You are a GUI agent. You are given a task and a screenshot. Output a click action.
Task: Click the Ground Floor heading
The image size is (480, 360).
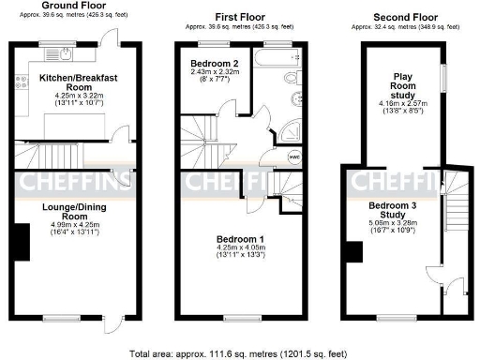point(74,6)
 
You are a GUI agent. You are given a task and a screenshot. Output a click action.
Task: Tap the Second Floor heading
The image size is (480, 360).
point(404,17)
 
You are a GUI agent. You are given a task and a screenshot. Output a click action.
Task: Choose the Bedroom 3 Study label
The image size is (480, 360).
point(395,210)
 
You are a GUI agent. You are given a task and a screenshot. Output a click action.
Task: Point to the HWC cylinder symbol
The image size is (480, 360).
point(293,157)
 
